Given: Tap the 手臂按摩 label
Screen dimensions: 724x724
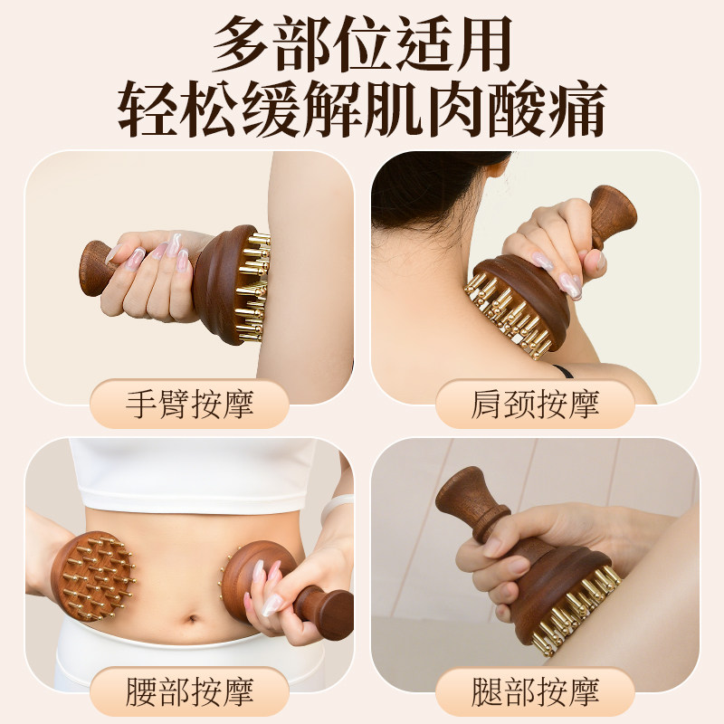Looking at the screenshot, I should pos(189,404).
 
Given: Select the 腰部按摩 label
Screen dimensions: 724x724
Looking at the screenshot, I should pos(189,691).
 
